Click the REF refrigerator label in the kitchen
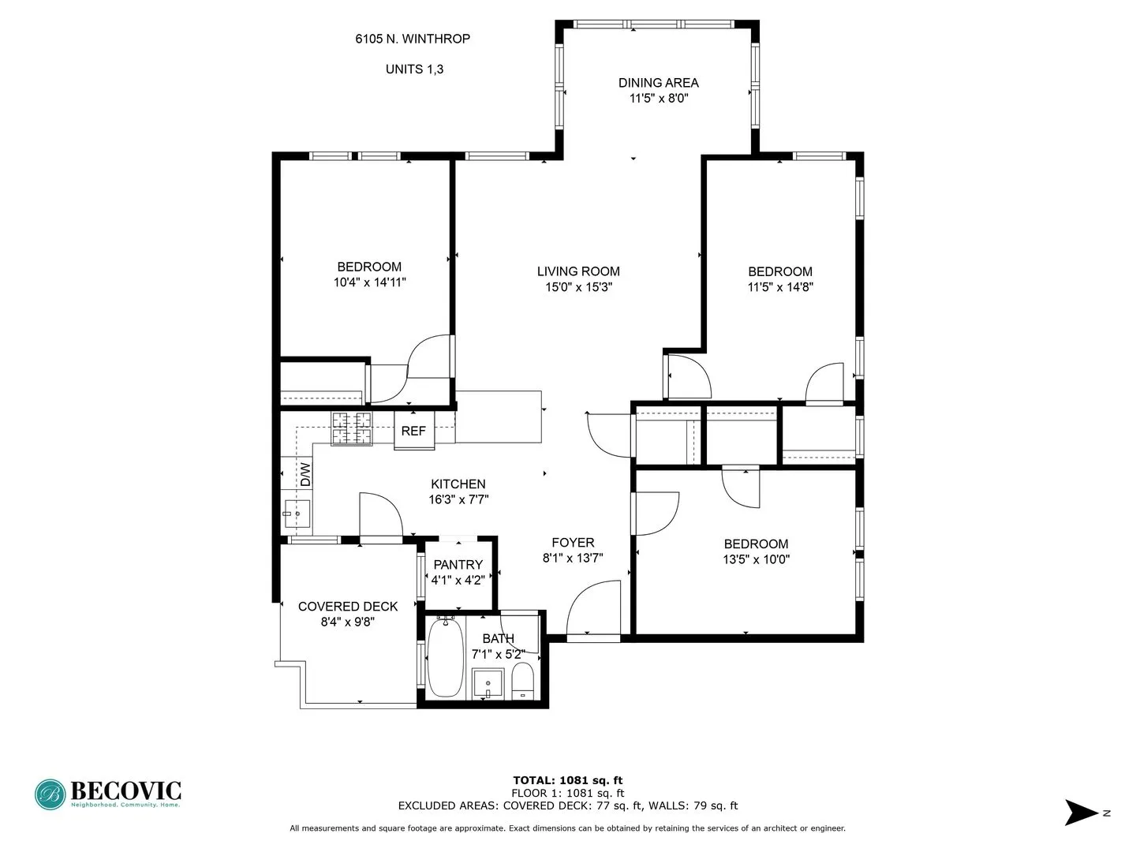click(413, 431)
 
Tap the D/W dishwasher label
click(305, 474)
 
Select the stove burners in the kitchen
click(351, 428)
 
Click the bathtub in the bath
click(446, 658)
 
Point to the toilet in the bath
click(522, 681)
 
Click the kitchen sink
click(297, 514)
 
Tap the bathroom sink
click(488, 683)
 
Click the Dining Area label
click(658, 83)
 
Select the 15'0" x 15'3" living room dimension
click(578, 287)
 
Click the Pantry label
click(458, 565)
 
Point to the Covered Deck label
click(348, 607)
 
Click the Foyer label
click(573, 543)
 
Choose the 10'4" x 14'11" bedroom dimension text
click(369, 282)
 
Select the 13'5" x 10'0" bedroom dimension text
click(756, 559)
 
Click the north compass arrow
click(1082, 813)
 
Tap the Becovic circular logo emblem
click(50, 794)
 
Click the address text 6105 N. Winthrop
click(413, 39)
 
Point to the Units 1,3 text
click(414, 69)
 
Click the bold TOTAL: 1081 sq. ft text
click(567, 780)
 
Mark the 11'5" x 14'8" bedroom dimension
click(779, 287)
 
